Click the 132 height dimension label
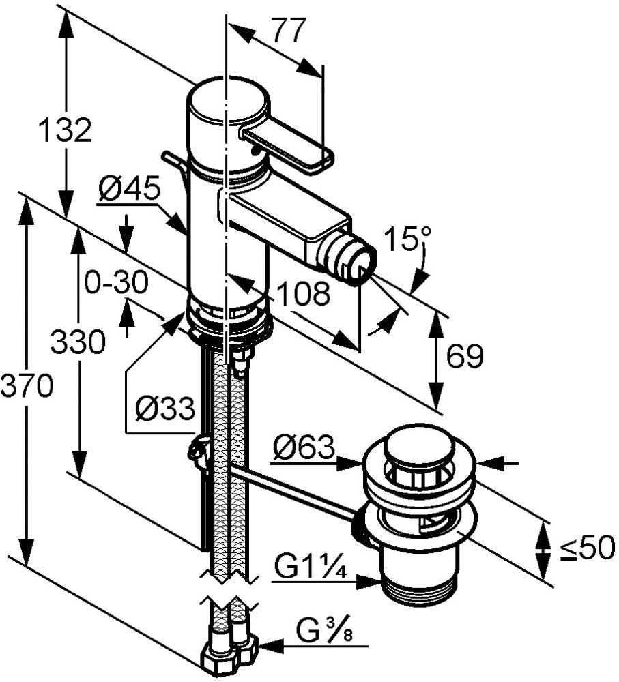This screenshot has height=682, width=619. [x=64, y=130]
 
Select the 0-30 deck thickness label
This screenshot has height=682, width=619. [x=115, y=282]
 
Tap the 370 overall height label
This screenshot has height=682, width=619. [x=26, y=387]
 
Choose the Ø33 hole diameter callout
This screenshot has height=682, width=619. [x=164, y=410]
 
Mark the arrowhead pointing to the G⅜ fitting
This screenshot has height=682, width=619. [x=268, y=644]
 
